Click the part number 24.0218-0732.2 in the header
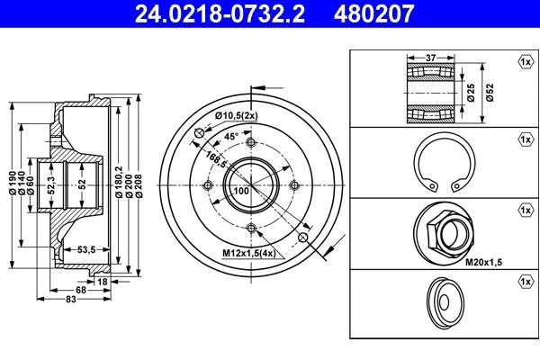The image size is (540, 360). pos(220,13)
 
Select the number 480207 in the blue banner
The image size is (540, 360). pos(373,13)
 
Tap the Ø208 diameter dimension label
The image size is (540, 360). pos(139,185)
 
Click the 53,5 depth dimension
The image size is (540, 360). pos(86,249)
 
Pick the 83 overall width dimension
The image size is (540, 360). pos(71,299)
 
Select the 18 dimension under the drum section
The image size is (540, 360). pos(103,282)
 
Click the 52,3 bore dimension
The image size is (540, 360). pos(51,185)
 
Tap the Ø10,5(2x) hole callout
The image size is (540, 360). pos(236,116)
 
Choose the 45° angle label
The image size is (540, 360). pos(231,136)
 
